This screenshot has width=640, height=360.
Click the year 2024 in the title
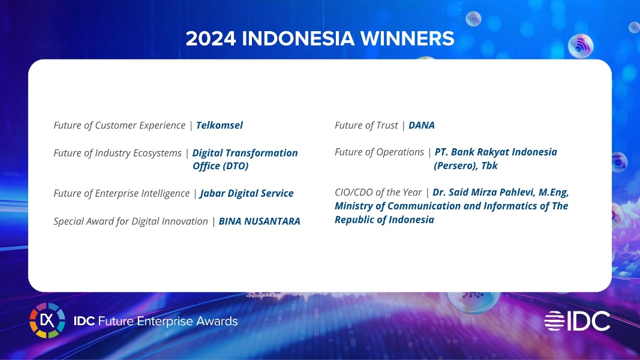click(x=211, y=39)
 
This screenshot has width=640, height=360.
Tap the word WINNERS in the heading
click(x=407, y=39)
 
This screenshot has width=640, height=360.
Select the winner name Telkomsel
click(x=220, y=125)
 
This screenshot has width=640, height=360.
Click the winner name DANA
click(x=422, y=125)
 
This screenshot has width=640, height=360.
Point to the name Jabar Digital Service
click(x=247, y=193)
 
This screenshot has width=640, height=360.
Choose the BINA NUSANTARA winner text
click(x=260, y=221)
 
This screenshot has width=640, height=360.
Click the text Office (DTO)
click(x=220, y=166)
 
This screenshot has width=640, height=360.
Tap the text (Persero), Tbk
click(x=465, y=166)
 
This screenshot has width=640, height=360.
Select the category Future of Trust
click(x=366, y=125)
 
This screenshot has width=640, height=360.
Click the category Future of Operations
click(x=379, y=152)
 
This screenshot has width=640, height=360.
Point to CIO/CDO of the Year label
click(x=378, y=192)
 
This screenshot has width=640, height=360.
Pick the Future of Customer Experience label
click(x=119, y=125)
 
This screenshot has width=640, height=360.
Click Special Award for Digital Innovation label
click(x=131, y=221)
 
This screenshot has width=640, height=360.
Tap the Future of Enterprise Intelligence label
click(x=122, y=193)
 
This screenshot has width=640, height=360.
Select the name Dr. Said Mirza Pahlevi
click(x=483, y=192)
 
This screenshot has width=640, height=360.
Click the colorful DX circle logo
click(x=47, y=321)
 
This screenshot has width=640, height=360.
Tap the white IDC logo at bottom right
click(x=577, y=321)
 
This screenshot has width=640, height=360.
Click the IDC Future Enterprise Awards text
click(x=155, y=321)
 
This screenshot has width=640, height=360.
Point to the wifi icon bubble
click(x=581, y=46)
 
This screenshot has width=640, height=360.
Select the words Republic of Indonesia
click(x=384, y=220)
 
